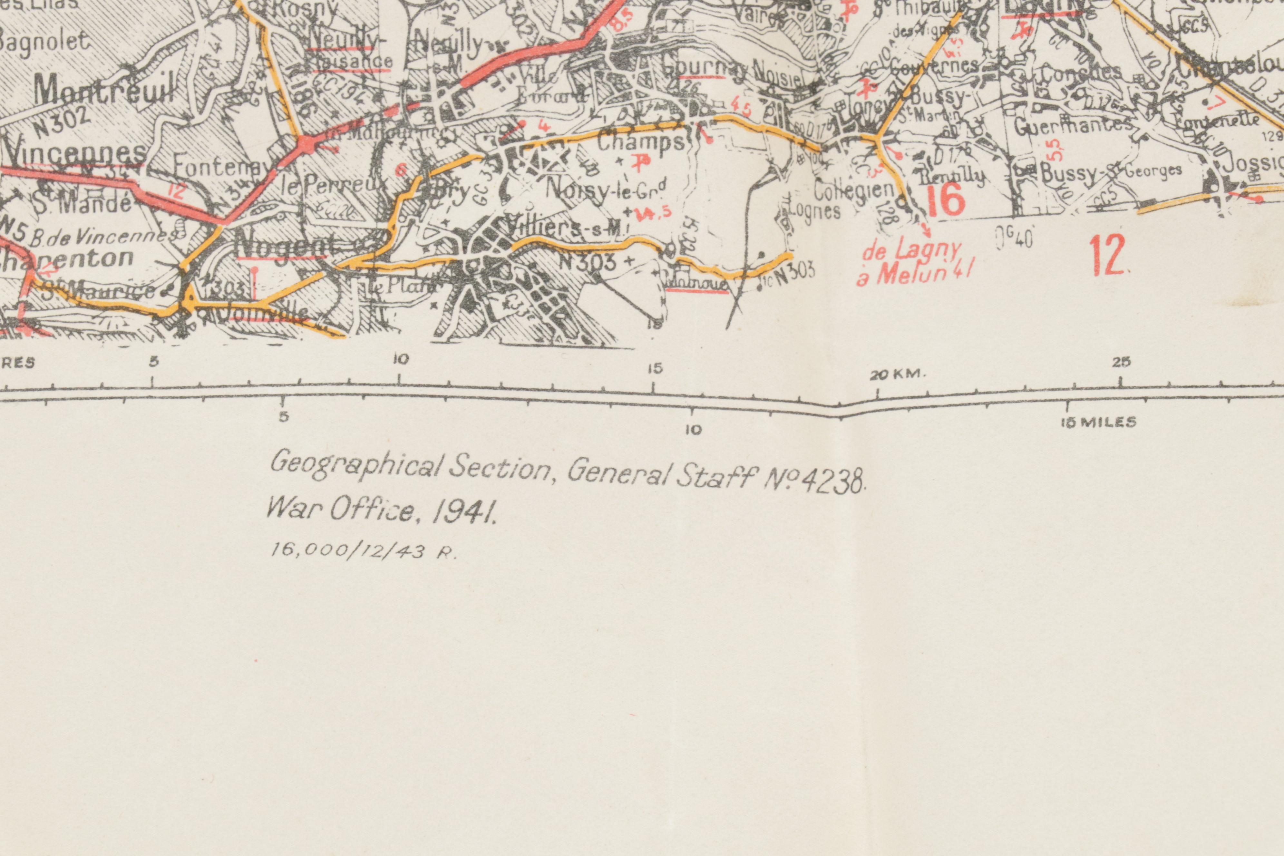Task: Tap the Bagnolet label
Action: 44,42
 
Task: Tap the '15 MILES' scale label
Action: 1098,422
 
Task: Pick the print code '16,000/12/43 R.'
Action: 363,551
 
